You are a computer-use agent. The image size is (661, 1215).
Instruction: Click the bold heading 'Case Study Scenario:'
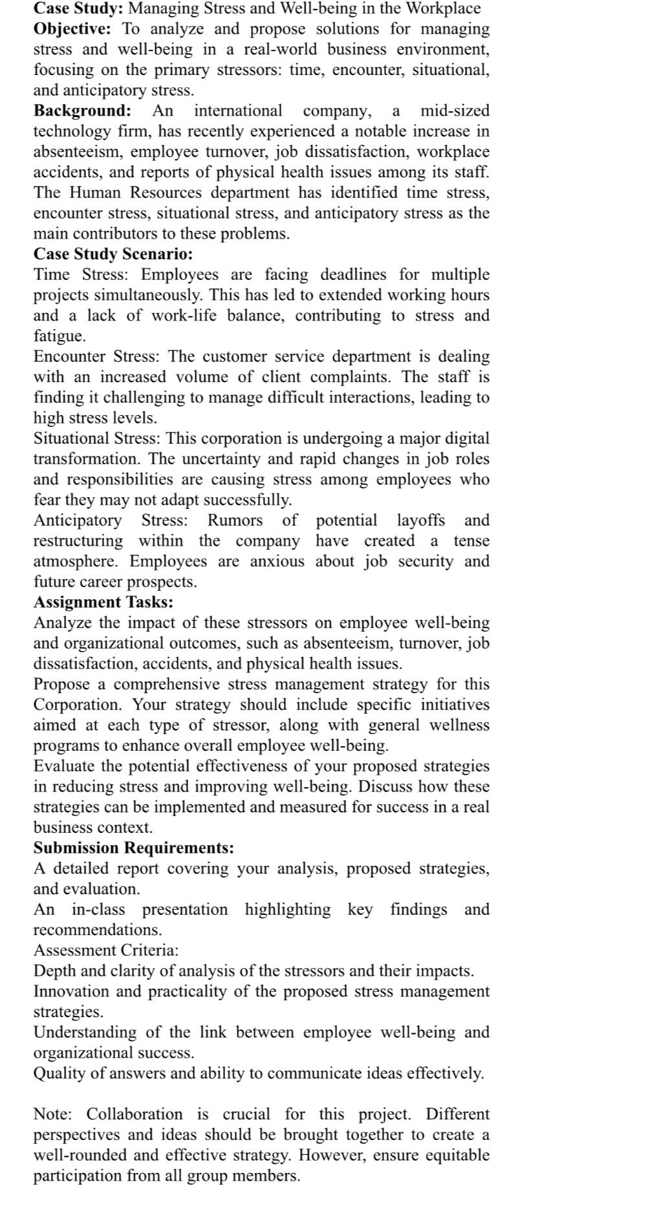[x=113, y=253]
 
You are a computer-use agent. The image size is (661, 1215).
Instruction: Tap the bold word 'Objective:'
[x=72, y=29]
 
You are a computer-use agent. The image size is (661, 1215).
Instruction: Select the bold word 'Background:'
[x=82, y=111]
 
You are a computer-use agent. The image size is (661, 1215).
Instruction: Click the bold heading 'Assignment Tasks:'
[x=103, y=602]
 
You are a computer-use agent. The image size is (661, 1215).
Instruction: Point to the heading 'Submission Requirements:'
[x=134, y=848]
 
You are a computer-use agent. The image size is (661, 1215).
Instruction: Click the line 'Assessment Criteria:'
[x=106, y=950]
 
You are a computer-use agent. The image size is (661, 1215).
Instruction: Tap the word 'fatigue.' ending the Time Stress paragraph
[x=60, y=336]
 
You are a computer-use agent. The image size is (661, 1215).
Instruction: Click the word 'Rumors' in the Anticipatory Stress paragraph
[x=235, y=520]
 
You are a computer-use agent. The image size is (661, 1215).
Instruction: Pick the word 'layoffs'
[x=420, y=520]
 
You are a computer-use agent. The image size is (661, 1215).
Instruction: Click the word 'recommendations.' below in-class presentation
[x=98, y=930]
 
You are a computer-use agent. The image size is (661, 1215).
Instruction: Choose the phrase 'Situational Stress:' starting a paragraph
[x=97, y=438]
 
